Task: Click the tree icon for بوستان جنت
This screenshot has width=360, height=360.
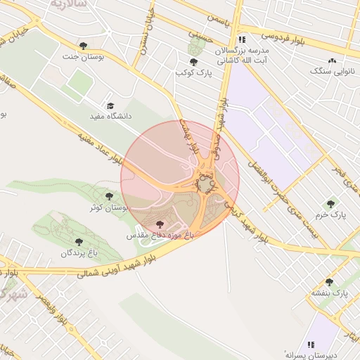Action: click(x=84, y=46)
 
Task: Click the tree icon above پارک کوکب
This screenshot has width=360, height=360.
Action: click(x=193, y=62)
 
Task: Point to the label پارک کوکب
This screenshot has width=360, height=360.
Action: click(x=194, y=72)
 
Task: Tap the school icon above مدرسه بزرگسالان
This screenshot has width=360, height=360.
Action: click(x=243, y=40)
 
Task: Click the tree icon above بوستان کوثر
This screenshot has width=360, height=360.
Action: click(x=108, y=196)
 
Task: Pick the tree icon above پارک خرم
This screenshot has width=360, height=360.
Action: click(x=330, y=204)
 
